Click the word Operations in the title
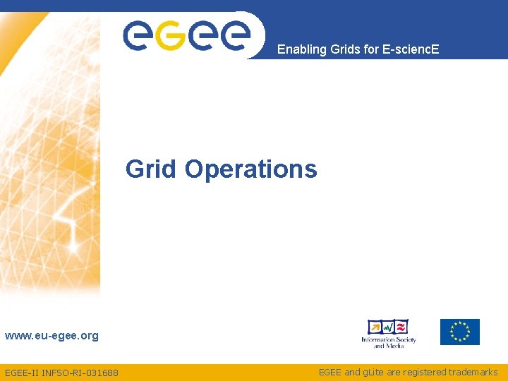(250, 170)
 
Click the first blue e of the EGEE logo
(139, 35)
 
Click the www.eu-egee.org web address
(52, 336)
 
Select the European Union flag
(460, 332)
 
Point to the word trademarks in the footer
(473, 372)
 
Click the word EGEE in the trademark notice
(330, 372)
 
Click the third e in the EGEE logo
(203, 35)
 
